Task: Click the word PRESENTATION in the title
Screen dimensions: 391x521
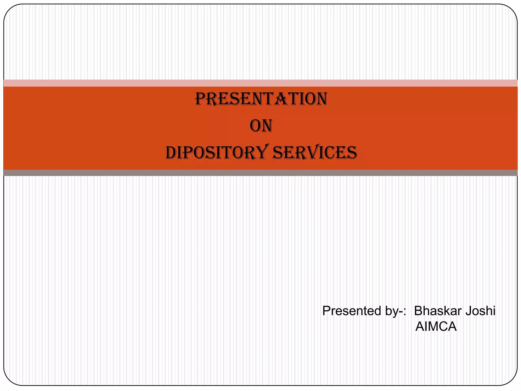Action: [x=261, y=99]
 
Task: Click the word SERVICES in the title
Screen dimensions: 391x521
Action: [x=314, y=153]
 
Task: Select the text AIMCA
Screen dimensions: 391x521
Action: [x=436, y=327]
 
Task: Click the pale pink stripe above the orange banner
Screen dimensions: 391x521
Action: [x=260, y=83]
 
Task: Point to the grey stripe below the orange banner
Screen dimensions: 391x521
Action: [x=260, y=173]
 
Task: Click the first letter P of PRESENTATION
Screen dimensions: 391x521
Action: [x=200, y=99]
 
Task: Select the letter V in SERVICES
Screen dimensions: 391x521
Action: [x=313, y=153]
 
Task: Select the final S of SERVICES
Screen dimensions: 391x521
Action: [x=352, y=153]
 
